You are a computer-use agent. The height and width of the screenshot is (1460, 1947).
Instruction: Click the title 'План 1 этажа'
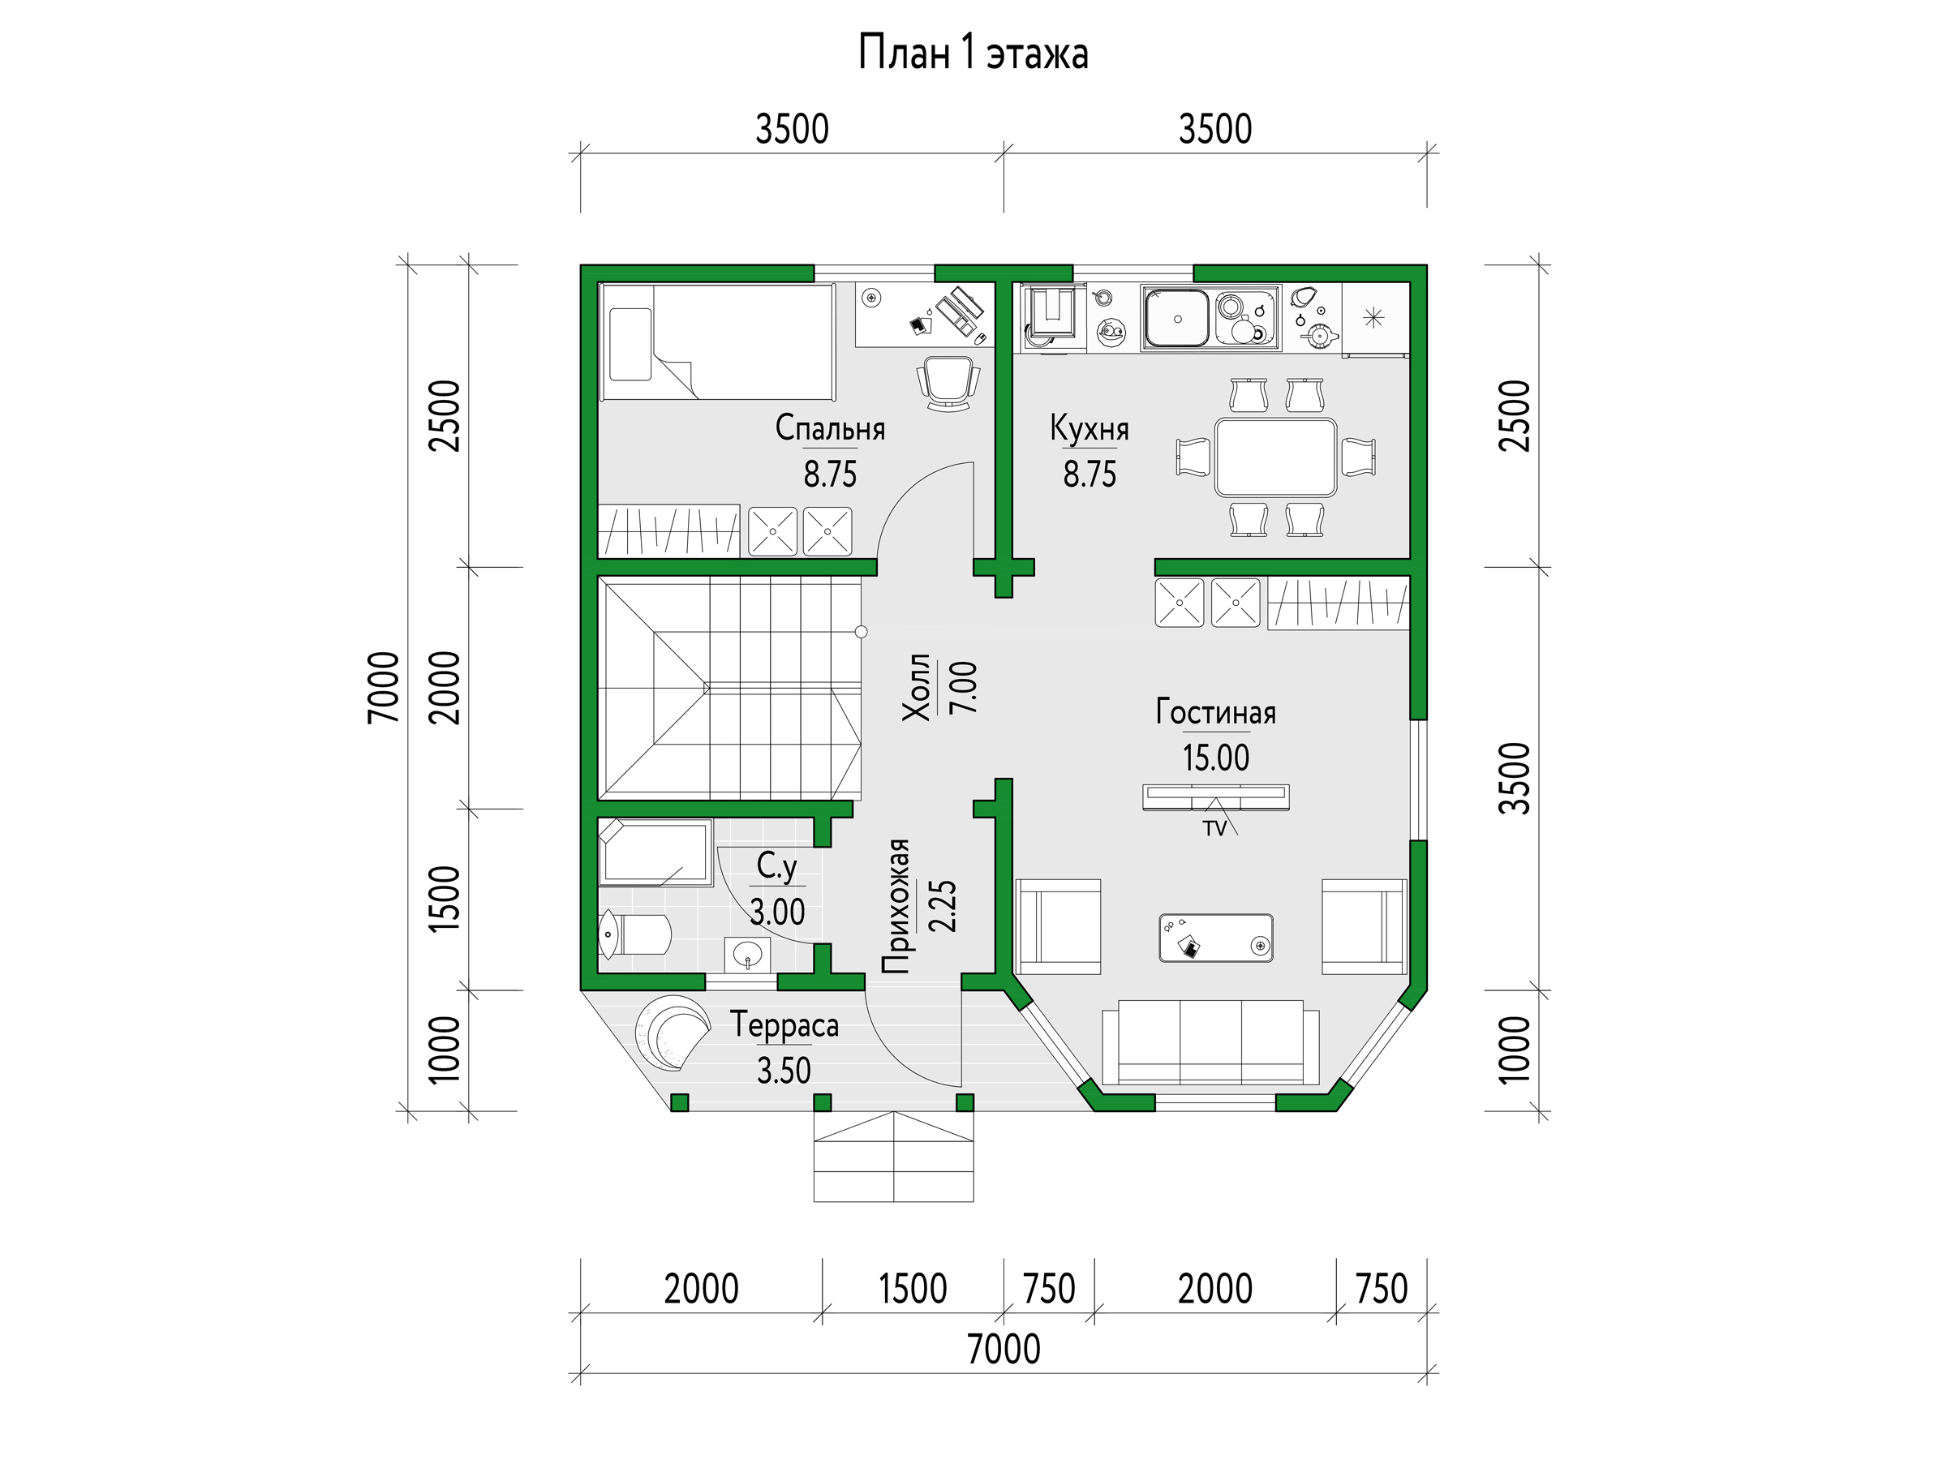pyautogui.click(x=973, y=54)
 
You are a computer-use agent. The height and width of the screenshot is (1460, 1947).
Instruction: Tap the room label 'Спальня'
pyautogui.click(x=830, y=428)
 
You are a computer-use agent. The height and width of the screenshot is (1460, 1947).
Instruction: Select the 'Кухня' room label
pyautogui.click(x=1089, y=428)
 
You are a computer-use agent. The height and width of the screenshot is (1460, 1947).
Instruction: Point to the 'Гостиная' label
pyautogui.click(x=1215, y=712)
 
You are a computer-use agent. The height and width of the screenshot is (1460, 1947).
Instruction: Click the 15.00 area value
pyautogui.click(x=1215, y=758)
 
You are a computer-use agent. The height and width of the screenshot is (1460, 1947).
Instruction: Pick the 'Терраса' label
pyautogui.click(x=784, y=1025)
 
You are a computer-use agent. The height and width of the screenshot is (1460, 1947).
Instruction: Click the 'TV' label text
pyautogui.click(x=1214, y=829)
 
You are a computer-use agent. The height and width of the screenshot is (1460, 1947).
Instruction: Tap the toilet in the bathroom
pyautogui.click(x=634, y=934)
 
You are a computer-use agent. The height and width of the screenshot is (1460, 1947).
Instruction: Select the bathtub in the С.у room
pyautogui.click(x=655, y=852)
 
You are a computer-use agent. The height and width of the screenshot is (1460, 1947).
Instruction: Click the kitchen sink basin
pyautogui.click(x=1177, y=319)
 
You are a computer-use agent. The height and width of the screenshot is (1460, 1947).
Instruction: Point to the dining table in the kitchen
pyautogui.click(x=1275, y=457)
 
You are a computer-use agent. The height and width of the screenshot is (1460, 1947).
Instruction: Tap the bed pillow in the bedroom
pyautogui.click(x=630, y=344)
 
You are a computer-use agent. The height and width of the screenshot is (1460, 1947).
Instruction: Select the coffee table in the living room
pyautogui.click(x=1215, y=938)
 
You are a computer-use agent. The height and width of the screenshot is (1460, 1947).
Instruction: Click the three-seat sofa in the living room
pyautogui.click(x=1210, y=1043)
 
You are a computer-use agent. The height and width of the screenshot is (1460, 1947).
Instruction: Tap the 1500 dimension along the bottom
pyautogui.click(x=913, y=1290)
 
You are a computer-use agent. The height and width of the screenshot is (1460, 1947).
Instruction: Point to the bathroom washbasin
pyautogui.click(x=747, y=953)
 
